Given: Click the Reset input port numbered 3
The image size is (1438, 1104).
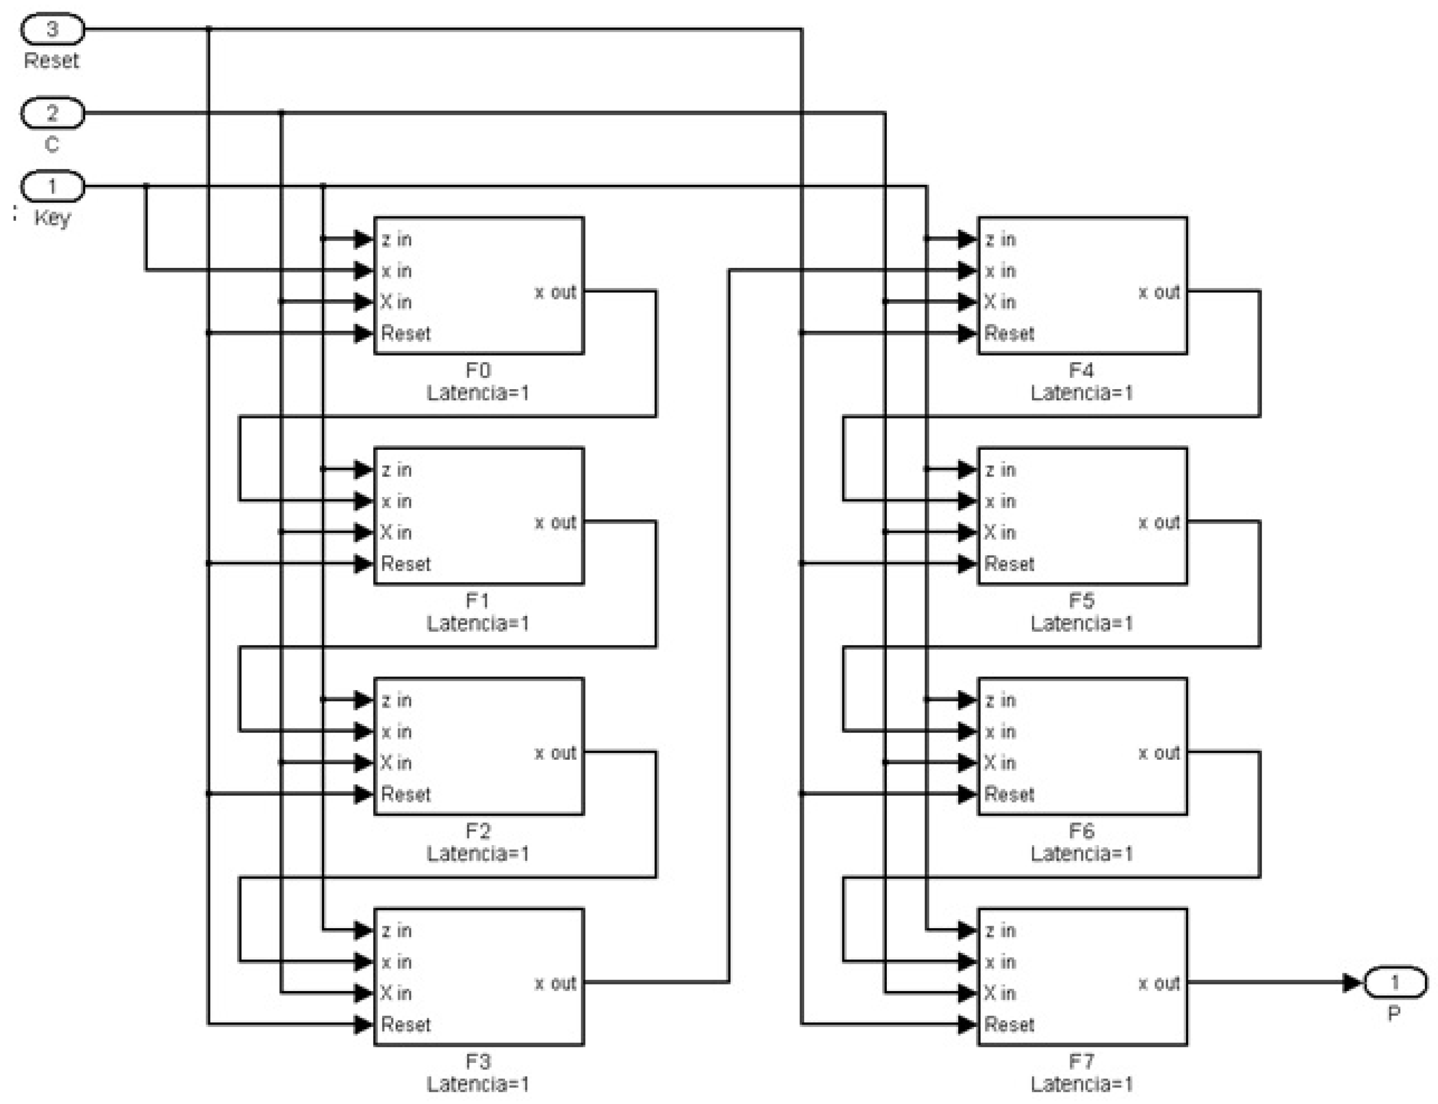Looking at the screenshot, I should tap(53, 29).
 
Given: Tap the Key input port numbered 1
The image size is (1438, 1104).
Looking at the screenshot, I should tap(53, 187).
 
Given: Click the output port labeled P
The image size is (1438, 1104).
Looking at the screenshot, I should tap(1395, 983).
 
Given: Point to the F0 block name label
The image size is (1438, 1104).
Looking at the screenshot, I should tap(478, 370).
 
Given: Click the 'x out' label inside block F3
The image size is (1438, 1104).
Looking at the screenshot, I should tap(555, 983).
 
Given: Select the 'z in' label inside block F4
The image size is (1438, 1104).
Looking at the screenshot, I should tap(1000, 240).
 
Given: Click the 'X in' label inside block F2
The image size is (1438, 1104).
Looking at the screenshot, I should tap(396, 763).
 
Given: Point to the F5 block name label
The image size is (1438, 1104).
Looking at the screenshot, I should tap(1081, 601).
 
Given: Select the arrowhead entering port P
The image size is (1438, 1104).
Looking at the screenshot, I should tap(1352, 983).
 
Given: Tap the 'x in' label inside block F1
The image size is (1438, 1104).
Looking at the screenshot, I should tap(396, 502).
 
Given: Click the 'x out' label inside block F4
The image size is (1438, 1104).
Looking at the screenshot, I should tap(1159, 293).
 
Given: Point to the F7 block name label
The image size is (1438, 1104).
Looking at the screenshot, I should tap(1081, 1061).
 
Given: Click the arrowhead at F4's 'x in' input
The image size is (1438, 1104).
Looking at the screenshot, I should tap(967, 271).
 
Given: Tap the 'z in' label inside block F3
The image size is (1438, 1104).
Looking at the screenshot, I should tap(396, 930).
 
